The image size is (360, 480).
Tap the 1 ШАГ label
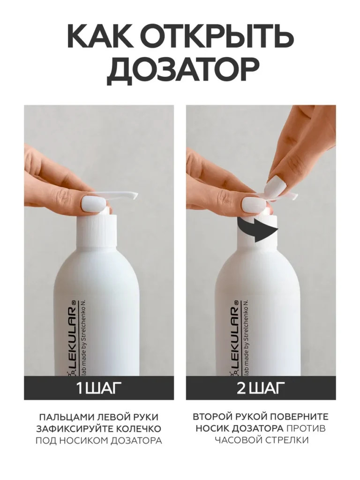click(x=97, y=388)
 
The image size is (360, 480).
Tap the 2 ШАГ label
click(x=259, y=388)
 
